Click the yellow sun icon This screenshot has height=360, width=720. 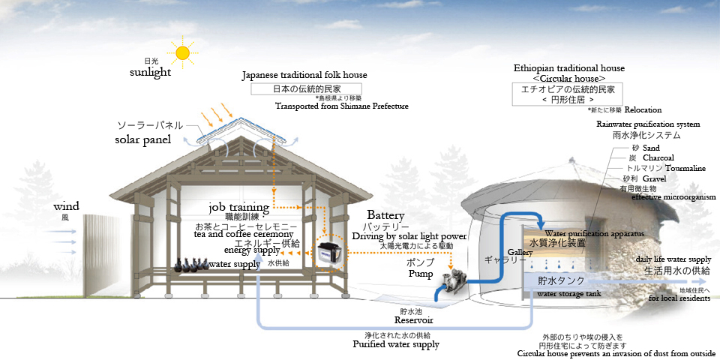pyautogui.click(x=182, y=52)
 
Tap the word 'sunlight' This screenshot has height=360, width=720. pyautogui.click(x=150, y=72)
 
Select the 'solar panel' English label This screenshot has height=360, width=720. pyautogui.click(x=142, y=139)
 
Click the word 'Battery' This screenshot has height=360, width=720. pyautogui.click(x=386, y=214)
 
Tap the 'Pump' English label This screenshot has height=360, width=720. pyautogui.click(x=421, y=274)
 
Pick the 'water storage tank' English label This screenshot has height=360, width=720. pyautogui.click(x=569, y=294)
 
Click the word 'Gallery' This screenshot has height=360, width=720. pyautogui.click(x=520, y=250)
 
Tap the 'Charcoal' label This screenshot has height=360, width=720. pyautogui.click(x=658, y=157)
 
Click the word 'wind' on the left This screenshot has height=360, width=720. pyautogui.click(x=66, y=205)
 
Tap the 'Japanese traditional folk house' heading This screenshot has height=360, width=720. pyautogui.click(x=304, y=76)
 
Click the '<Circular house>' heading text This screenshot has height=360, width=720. pyautogui.click(x=569, y=78)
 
